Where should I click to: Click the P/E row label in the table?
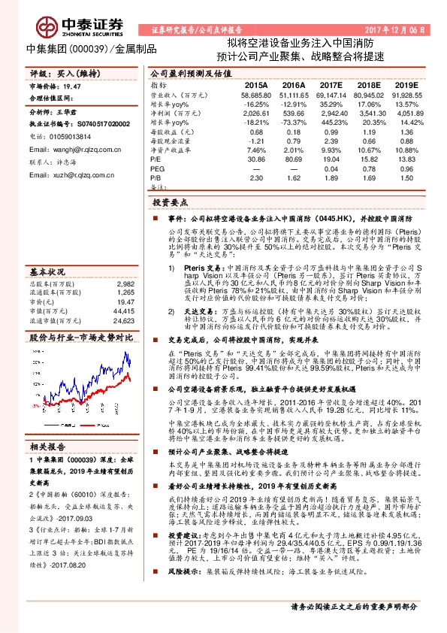click(156, 160)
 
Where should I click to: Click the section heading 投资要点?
click(171, 203)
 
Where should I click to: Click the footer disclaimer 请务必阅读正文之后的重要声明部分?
click(353, 606)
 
